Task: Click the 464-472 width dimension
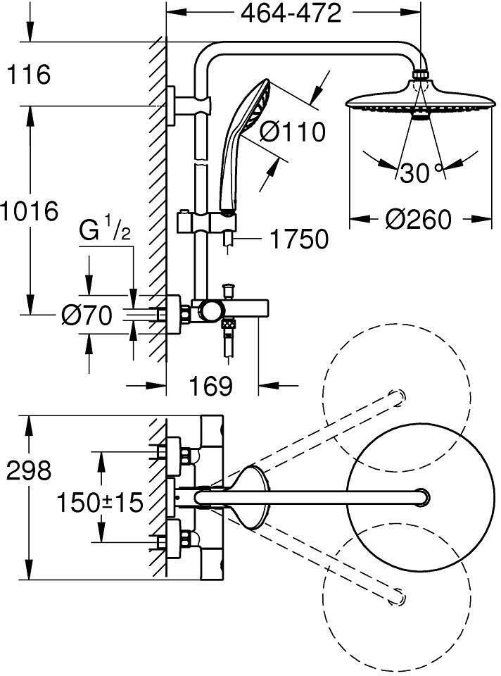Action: pos(291,13)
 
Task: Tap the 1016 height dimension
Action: pos(29,211)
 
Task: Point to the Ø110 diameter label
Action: pos(292,131)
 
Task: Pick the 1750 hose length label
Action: pos(298,239)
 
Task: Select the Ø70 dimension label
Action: pos(87,316)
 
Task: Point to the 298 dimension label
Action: pos(29,470)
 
